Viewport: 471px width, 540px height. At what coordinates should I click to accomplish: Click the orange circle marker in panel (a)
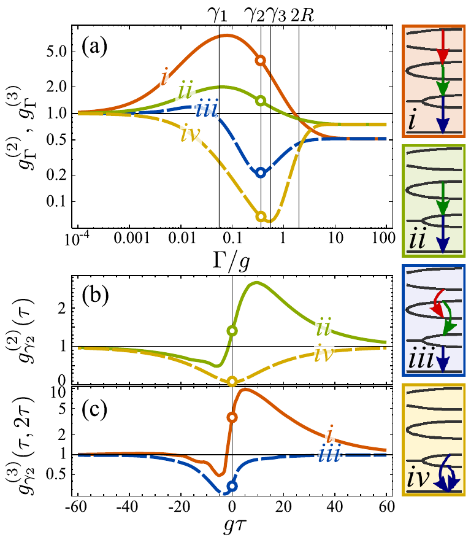(261, 60)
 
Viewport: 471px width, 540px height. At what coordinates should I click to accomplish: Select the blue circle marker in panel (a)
(261, 173)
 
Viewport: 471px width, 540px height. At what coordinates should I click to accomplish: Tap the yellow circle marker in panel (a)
(261, 216)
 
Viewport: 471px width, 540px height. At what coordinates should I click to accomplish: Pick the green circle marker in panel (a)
(261, 101)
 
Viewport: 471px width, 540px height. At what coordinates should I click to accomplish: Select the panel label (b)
(98, 301)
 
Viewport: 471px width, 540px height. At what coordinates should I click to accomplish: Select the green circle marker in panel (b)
(232, 331)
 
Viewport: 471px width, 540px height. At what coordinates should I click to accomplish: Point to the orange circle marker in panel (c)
(232, 417)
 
